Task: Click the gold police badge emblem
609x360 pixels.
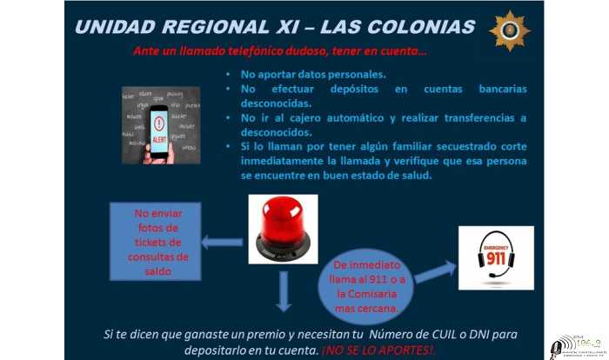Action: click(x=509, y=30)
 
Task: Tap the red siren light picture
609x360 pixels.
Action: click(x=283, y=230)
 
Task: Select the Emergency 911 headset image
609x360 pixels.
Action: click(x=496, y=257)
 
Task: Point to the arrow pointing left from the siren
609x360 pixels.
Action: click(x=222, y=243)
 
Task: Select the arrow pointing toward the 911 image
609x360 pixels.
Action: click(x=435, y=272)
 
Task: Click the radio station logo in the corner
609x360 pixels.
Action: click(x=575, y=344)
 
